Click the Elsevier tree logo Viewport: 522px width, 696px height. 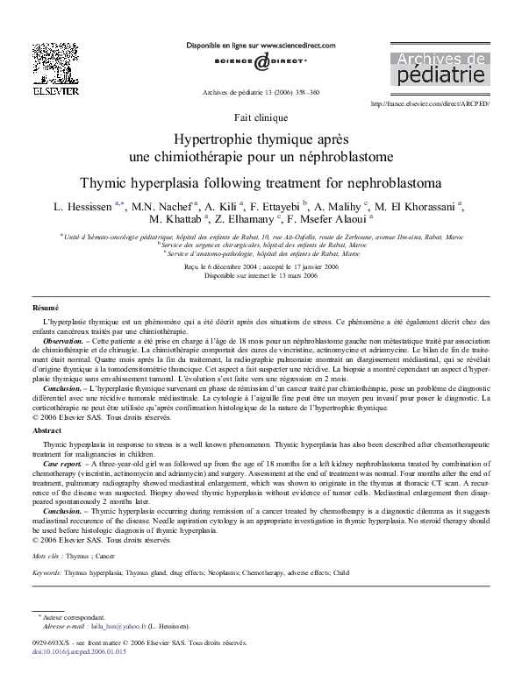coord(44,63)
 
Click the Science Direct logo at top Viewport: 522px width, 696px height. coord(261,62)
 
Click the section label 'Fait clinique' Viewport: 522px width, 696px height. coord(260,117)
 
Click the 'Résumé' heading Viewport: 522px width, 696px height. coord(45,309)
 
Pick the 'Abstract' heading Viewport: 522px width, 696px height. coord(46,431)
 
